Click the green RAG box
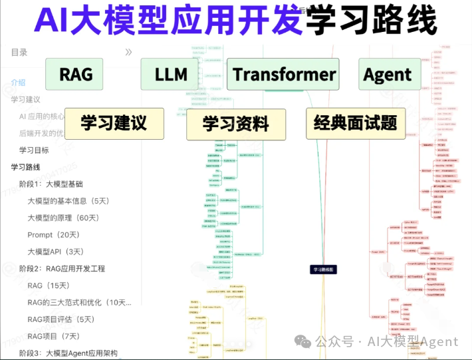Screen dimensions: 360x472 pyautogui.click(x=76, y=75)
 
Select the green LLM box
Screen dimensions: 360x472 pyautogui.click(x=171, y=75)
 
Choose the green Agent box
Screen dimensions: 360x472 pyautogui.click(x=388, y=75)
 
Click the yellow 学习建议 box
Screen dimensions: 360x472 pyautogui.click(x=114, y=123)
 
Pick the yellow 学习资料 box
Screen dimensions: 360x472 pyautogui.click(x=236, y=124)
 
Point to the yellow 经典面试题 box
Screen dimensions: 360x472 pyautogui.click(x=356, y=123)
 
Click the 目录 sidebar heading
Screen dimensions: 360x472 pyautogui.click(x=19, y=52)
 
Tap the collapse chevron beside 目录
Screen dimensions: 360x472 pyautogui.click(x=128, y=52)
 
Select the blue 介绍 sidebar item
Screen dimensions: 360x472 pyautogui.click(x=18, y=83)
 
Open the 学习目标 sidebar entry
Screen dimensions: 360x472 pyautogui.click(x=34, y=150)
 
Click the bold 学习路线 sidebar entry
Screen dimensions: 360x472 pyautogui.click(x=25, y=167)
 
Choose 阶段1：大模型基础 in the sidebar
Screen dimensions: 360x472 pyautogui.click(x=55, y=184)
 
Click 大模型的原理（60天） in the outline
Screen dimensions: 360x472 pyautogui.click(x=63, y=218)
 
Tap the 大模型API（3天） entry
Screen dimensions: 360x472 pyautogui.click(x=56, y=252)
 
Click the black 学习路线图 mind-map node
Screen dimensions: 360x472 pyautogui.click(x=324, y=270)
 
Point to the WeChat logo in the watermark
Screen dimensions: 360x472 pyautogui.click(x=304, y=341)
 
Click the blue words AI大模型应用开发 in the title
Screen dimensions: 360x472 pyautogui.click(x=168, y=21)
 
